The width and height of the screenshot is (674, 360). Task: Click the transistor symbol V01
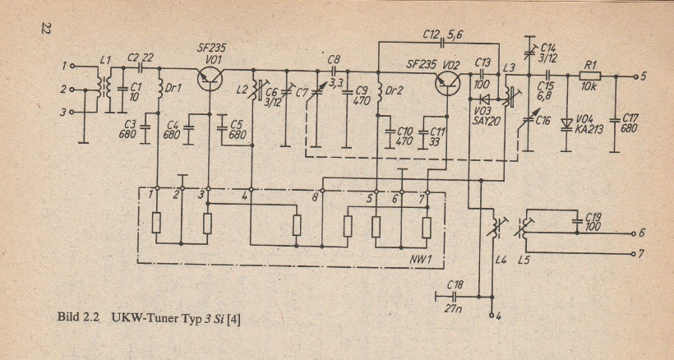tap(210, 78)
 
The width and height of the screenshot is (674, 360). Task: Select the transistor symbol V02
tap(447, 83)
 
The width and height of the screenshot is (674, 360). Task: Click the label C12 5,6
tap(442, 35)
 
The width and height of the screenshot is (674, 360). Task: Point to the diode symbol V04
tap(566, 124)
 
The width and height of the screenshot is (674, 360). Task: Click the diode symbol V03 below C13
tap(486, 99)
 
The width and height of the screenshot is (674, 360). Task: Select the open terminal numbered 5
tap(635, 77)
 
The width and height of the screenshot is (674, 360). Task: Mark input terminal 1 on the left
tap(72, 66)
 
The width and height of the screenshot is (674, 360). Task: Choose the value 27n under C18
tap(454, 308)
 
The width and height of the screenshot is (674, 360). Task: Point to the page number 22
tap(44, 30)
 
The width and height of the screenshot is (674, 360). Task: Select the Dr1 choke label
tap(174, 89)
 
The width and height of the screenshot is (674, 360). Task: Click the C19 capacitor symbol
tap(576, 221)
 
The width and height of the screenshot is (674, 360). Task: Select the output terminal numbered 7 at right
tap(634, 254)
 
